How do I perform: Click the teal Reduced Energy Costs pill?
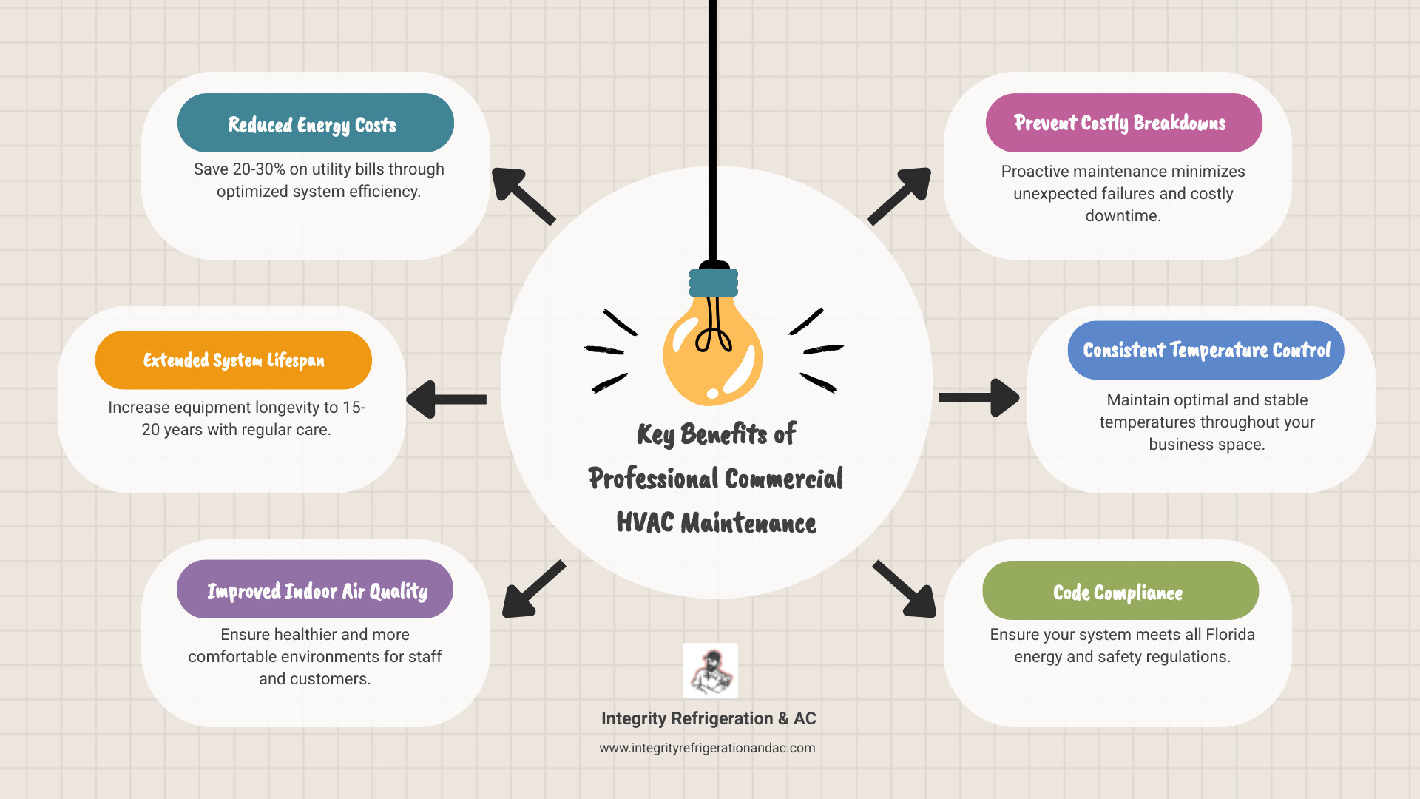coord(315,123)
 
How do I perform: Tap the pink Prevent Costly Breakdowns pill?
coord(1123,123)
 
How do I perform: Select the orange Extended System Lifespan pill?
coord(233,360)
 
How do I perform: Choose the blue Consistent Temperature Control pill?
coord(1206,350)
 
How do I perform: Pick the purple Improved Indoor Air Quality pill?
coord(315,590)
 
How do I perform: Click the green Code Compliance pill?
coord(1120,590)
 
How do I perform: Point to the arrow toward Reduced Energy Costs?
coord(521,195)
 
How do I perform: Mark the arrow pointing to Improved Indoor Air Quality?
coord(532,590)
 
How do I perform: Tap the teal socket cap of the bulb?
coord(714,283)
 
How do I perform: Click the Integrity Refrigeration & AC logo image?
coord(710,670)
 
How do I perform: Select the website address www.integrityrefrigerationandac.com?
coord(707,748)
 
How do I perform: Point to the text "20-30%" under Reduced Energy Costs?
coord(259,169)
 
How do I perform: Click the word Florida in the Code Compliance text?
coord(1230,635)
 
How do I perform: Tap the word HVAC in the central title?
coord(645,523)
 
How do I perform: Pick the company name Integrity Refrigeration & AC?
coord(709,718)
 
